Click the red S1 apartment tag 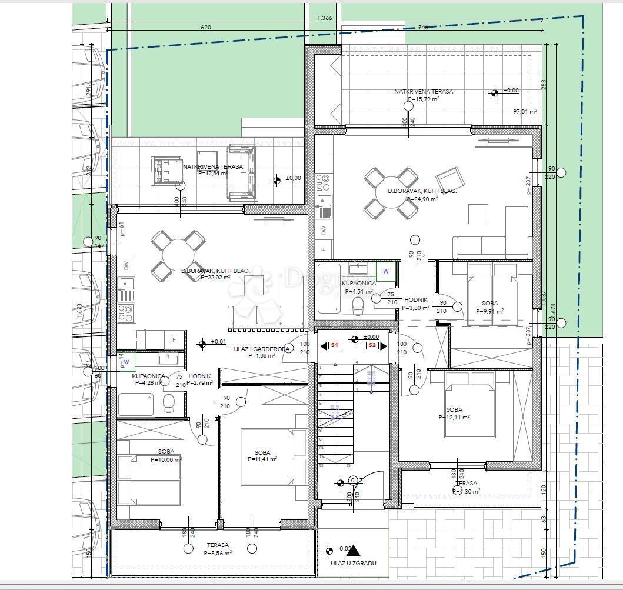click(334, 345)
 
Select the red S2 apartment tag click(372, 345)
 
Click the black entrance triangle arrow click(353, 550)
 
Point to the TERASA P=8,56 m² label click(217, 549)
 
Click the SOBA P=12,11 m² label click(454, 414)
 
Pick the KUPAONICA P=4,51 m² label click(358, 287)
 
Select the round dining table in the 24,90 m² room click(391, 192)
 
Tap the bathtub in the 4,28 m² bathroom click(136, 405)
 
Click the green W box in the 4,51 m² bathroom click(386, 271)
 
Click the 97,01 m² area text click(525, 111)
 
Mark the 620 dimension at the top click(205, 27)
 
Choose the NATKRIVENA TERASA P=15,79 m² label click(424, 95)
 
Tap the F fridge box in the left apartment click(174, 340)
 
